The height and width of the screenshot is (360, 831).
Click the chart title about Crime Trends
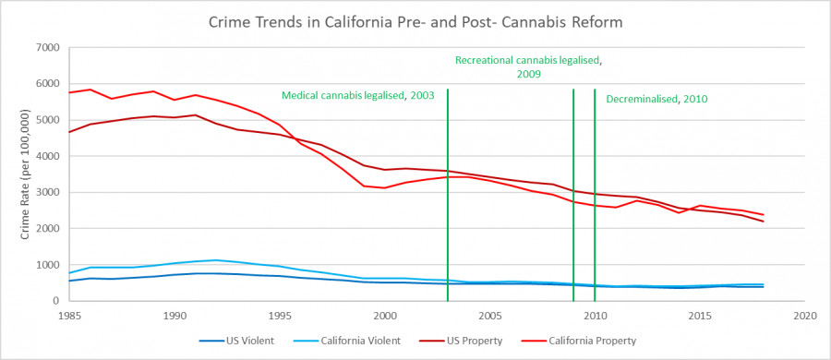(415, 21)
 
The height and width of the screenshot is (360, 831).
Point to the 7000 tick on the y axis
(46, 47)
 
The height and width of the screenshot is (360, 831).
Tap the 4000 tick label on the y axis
(46, 156)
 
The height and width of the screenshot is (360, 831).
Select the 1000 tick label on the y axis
(46, 265)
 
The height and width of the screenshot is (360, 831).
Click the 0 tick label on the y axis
(55, 301)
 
